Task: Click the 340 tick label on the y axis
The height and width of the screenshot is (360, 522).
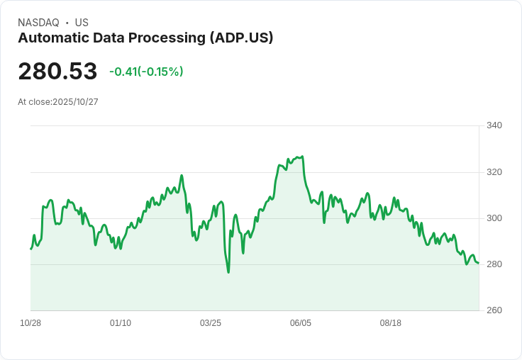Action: [x=494, y=125]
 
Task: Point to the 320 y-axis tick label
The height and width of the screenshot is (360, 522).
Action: [x=494, y=172]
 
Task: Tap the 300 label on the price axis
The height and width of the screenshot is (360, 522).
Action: [x=494, y=218]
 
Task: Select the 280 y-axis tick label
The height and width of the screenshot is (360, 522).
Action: [x=494, y=264]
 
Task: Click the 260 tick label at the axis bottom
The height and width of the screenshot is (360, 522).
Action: [x=494, y=310]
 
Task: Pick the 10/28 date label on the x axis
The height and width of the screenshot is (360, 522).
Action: [x=30, y=323]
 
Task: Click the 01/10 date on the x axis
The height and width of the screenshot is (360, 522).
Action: [x=121, y=323]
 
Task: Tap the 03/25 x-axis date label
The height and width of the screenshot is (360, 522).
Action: [x=211, y=323]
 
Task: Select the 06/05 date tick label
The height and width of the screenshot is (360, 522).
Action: [x=301, y=323]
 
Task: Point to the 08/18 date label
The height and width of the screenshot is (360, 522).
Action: [x=391, y=323]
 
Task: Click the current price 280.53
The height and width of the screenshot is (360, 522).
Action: [x=57, y=72]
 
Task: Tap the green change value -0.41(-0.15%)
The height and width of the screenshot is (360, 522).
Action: [x=146, y=72]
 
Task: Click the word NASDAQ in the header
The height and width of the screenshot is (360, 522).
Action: [x=38, y=23]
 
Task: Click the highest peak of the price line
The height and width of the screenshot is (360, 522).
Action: [x=303, y=157]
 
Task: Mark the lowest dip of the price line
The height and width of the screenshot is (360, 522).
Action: [x=228, y=272]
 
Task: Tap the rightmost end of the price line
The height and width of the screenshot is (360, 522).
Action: [x=479, y=263]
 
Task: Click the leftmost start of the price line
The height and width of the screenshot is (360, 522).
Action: [x=30, y=249]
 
